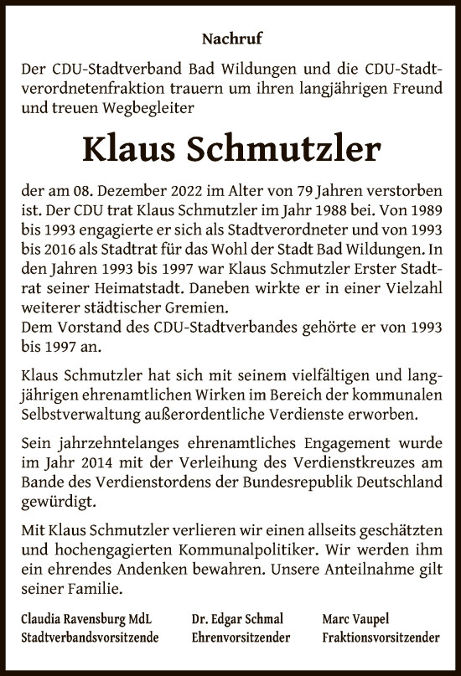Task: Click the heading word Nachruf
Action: tap(230, 37)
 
